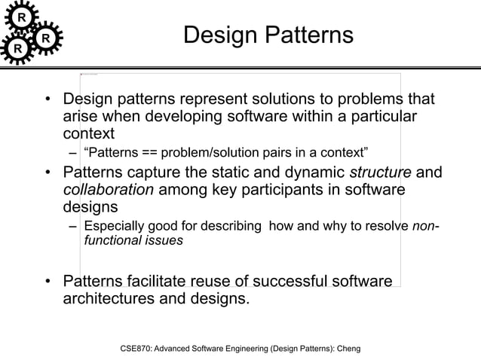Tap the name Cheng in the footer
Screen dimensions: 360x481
[x=345, y=349]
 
